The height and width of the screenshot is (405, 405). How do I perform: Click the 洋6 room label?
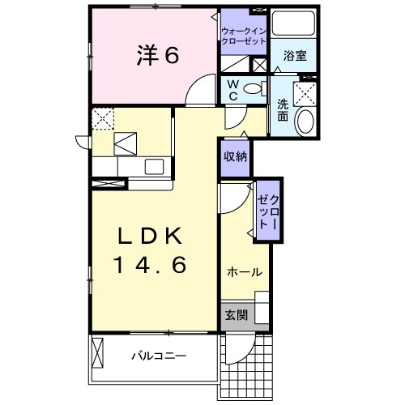coord(152,55)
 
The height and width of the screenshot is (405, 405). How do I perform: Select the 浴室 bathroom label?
coord(295,56)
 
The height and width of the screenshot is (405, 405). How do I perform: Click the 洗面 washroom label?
coord(283,109)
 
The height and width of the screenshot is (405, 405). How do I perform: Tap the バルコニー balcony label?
coord(159,356)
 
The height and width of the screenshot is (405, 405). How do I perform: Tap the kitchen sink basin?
coord(155,165)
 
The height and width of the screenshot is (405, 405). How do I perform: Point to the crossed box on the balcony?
coord(99,354)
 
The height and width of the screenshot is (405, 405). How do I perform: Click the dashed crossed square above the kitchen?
coord(102,118)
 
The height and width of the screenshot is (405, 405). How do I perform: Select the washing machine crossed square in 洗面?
coord(306,94)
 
